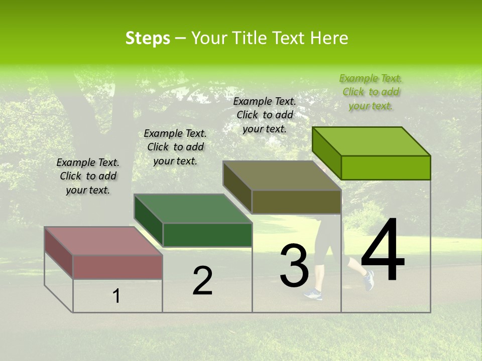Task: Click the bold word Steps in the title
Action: coord(148,38)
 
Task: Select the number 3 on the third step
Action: coord(294,266)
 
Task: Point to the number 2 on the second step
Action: coord(202,281)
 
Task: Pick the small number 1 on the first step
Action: coord(116,296)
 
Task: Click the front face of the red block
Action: coord(117,267)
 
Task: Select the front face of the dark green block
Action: coord(207,235)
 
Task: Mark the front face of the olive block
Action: coord(296,202)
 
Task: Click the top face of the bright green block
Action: coord(371,141)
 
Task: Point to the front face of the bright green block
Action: coord(386,167)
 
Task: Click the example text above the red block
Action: coord(88,176)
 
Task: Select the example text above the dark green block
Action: coord(175,147)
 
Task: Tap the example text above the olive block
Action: coord(265,115)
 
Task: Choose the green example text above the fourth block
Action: coord(371,92)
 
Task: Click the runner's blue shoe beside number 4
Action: coord(369,280)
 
